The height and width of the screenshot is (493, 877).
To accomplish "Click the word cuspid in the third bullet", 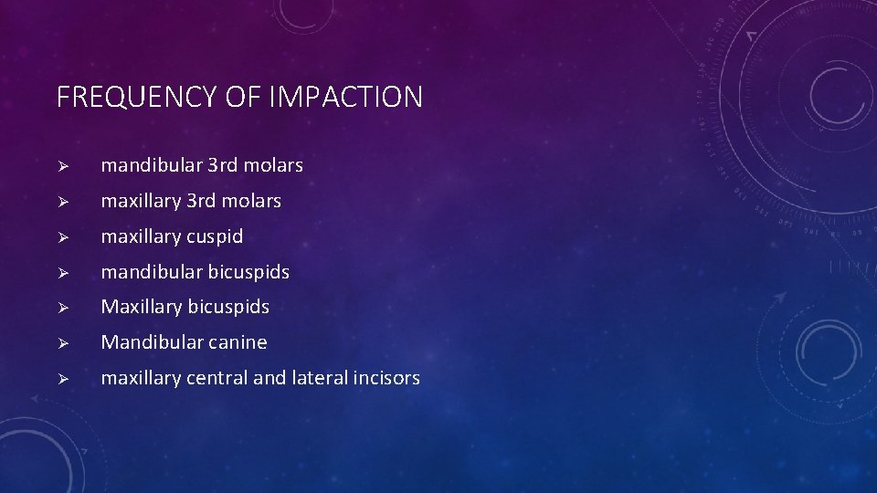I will tap(215, 236).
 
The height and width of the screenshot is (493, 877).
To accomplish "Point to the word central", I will tap(217, 378).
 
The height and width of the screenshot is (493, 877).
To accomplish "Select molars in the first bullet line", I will tap(273, 165).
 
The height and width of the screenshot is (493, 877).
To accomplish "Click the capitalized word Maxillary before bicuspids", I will tap(141, 308).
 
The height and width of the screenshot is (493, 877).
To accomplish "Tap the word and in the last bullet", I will tap(269, 378).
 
